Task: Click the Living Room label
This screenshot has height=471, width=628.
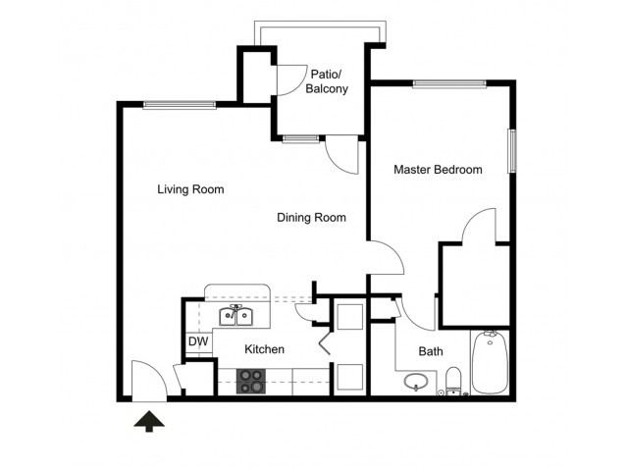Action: click(190, 189)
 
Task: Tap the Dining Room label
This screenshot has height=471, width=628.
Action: click(312, 218)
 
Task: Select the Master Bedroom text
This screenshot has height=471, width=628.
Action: click(438, 170)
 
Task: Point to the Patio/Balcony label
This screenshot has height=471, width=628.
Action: click(327, 81)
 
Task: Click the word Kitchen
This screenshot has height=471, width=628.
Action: click(264, 349)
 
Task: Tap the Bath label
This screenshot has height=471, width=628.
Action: click(431, 351)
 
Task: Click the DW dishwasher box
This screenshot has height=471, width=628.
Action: click(198, 341)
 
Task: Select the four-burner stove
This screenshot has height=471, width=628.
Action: click(251, 381)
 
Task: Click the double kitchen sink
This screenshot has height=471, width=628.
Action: click(236, 316)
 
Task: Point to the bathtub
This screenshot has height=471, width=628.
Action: click(490, 362)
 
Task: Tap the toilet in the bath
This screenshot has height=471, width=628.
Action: click(453, 381)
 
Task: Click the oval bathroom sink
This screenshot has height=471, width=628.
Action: click(416, 382)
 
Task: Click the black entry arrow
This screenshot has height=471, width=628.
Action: click(149, 421)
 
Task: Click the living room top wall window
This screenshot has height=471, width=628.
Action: click(180, 105)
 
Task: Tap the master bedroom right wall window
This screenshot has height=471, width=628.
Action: click(512, 150)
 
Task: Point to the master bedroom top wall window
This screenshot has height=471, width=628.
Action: click(449, 83)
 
